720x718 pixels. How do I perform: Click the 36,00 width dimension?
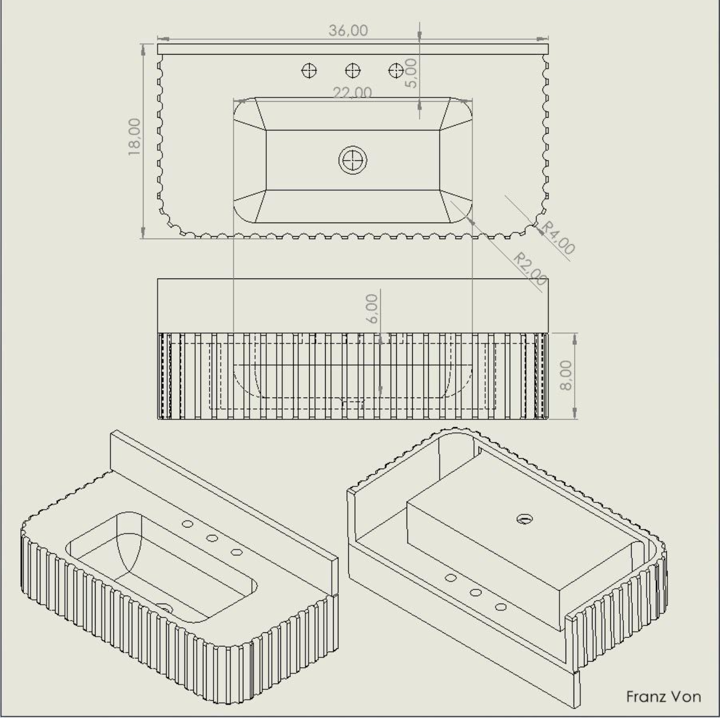tap(348, 31)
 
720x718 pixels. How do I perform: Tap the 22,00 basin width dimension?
tap(352, 93)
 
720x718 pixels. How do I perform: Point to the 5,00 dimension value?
tap(411, 73)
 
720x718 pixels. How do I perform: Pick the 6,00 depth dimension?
tap(372, 308)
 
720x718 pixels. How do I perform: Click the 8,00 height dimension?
tap(566, 375)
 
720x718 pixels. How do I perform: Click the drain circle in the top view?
tap(352, 160)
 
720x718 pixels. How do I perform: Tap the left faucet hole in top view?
tap(309, 70)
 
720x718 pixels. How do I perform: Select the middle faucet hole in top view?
tap(353, 70)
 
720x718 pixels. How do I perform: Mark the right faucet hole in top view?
tap(396, 70)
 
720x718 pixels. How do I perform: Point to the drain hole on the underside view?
tap(525, 519)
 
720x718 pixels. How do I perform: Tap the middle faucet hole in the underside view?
tap(476, 592)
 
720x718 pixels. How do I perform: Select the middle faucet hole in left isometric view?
tap(212, 538)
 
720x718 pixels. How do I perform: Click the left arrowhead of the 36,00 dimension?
tap(163, 38)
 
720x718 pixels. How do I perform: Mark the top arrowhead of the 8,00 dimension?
tap(575, 339)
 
